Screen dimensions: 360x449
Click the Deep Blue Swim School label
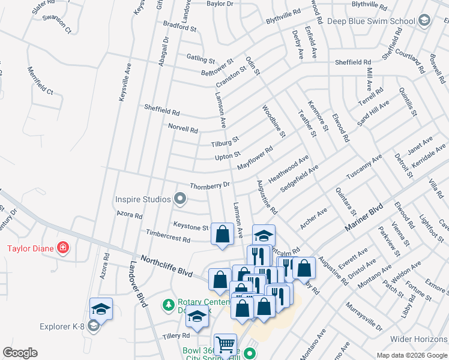click(372, 21)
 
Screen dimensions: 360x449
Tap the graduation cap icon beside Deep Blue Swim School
click(424, 21)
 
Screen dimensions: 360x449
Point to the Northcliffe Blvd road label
click(167, 266)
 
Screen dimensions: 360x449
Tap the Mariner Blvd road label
click(364, 220)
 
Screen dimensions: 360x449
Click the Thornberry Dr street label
click(210, 186)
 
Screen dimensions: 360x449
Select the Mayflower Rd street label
click(255, 160)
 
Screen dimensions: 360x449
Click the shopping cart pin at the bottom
click(225, 345)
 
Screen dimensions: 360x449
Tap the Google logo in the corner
click(20, 353)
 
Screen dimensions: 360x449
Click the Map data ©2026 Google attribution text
click(411, 355)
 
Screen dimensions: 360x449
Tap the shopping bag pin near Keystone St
click(222, 235)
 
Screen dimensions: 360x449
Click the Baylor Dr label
click(220, 4)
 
